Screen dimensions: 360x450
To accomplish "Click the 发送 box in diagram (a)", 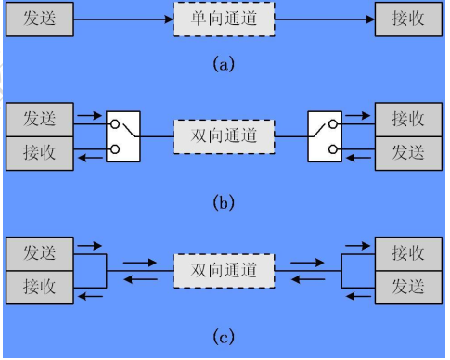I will [40, 19].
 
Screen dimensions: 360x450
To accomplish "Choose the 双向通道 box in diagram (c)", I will [224, 269].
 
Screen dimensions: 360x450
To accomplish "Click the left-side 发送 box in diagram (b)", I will [40, 120].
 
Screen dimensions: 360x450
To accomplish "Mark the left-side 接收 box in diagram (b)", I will [40, 152].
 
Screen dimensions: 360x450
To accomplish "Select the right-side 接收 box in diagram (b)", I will [408, 120].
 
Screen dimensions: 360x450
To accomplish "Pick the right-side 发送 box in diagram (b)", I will [408, 152].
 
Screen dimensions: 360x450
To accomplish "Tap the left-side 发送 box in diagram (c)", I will [40, 252].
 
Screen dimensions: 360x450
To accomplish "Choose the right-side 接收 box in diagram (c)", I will [408, 252].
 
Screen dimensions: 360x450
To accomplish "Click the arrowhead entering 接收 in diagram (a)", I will [368, 19].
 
